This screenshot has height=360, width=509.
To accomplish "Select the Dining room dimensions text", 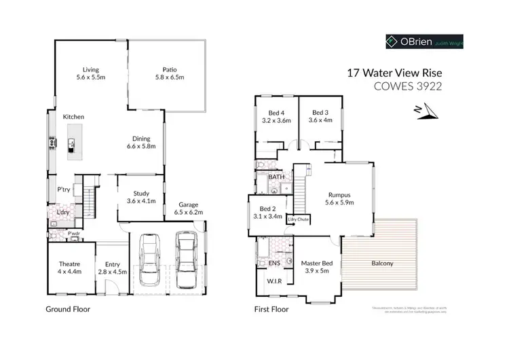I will (141, 146).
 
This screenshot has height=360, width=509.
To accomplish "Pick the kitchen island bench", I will (71, 143).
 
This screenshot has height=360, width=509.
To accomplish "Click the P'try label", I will (64, 190).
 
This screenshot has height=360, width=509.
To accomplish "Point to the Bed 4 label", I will (276, 116).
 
